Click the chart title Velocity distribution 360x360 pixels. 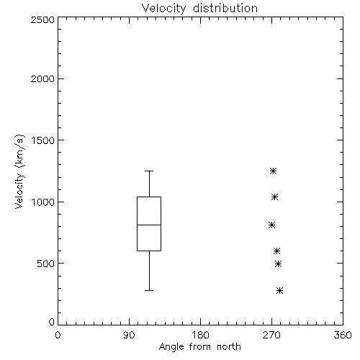point(199,8)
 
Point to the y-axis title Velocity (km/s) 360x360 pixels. point(19,171)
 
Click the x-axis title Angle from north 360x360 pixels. point(199,347)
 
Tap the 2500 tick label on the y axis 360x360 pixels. point(42,19)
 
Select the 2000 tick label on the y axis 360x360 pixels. point(42,78)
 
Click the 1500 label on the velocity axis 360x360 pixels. point(43,140)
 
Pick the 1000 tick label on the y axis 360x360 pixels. point(43,202)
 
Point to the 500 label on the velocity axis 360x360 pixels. point(46,264)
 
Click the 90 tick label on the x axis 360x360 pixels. point(129,335)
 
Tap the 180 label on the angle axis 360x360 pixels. point(200,335)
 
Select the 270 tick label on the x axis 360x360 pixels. point(271,335)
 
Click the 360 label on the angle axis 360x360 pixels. point(343,335)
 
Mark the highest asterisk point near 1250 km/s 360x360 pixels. point(273,171)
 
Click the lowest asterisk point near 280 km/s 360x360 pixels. point(279,291)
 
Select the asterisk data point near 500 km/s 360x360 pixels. point(278,264)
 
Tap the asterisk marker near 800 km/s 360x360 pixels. point(271,225)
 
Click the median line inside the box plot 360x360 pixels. point(149,225)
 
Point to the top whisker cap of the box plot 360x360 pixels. point(149,171)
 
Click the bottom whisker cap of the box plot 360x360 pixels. point(149,290)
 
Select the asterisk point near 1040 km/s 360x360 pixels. point(274,197)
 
